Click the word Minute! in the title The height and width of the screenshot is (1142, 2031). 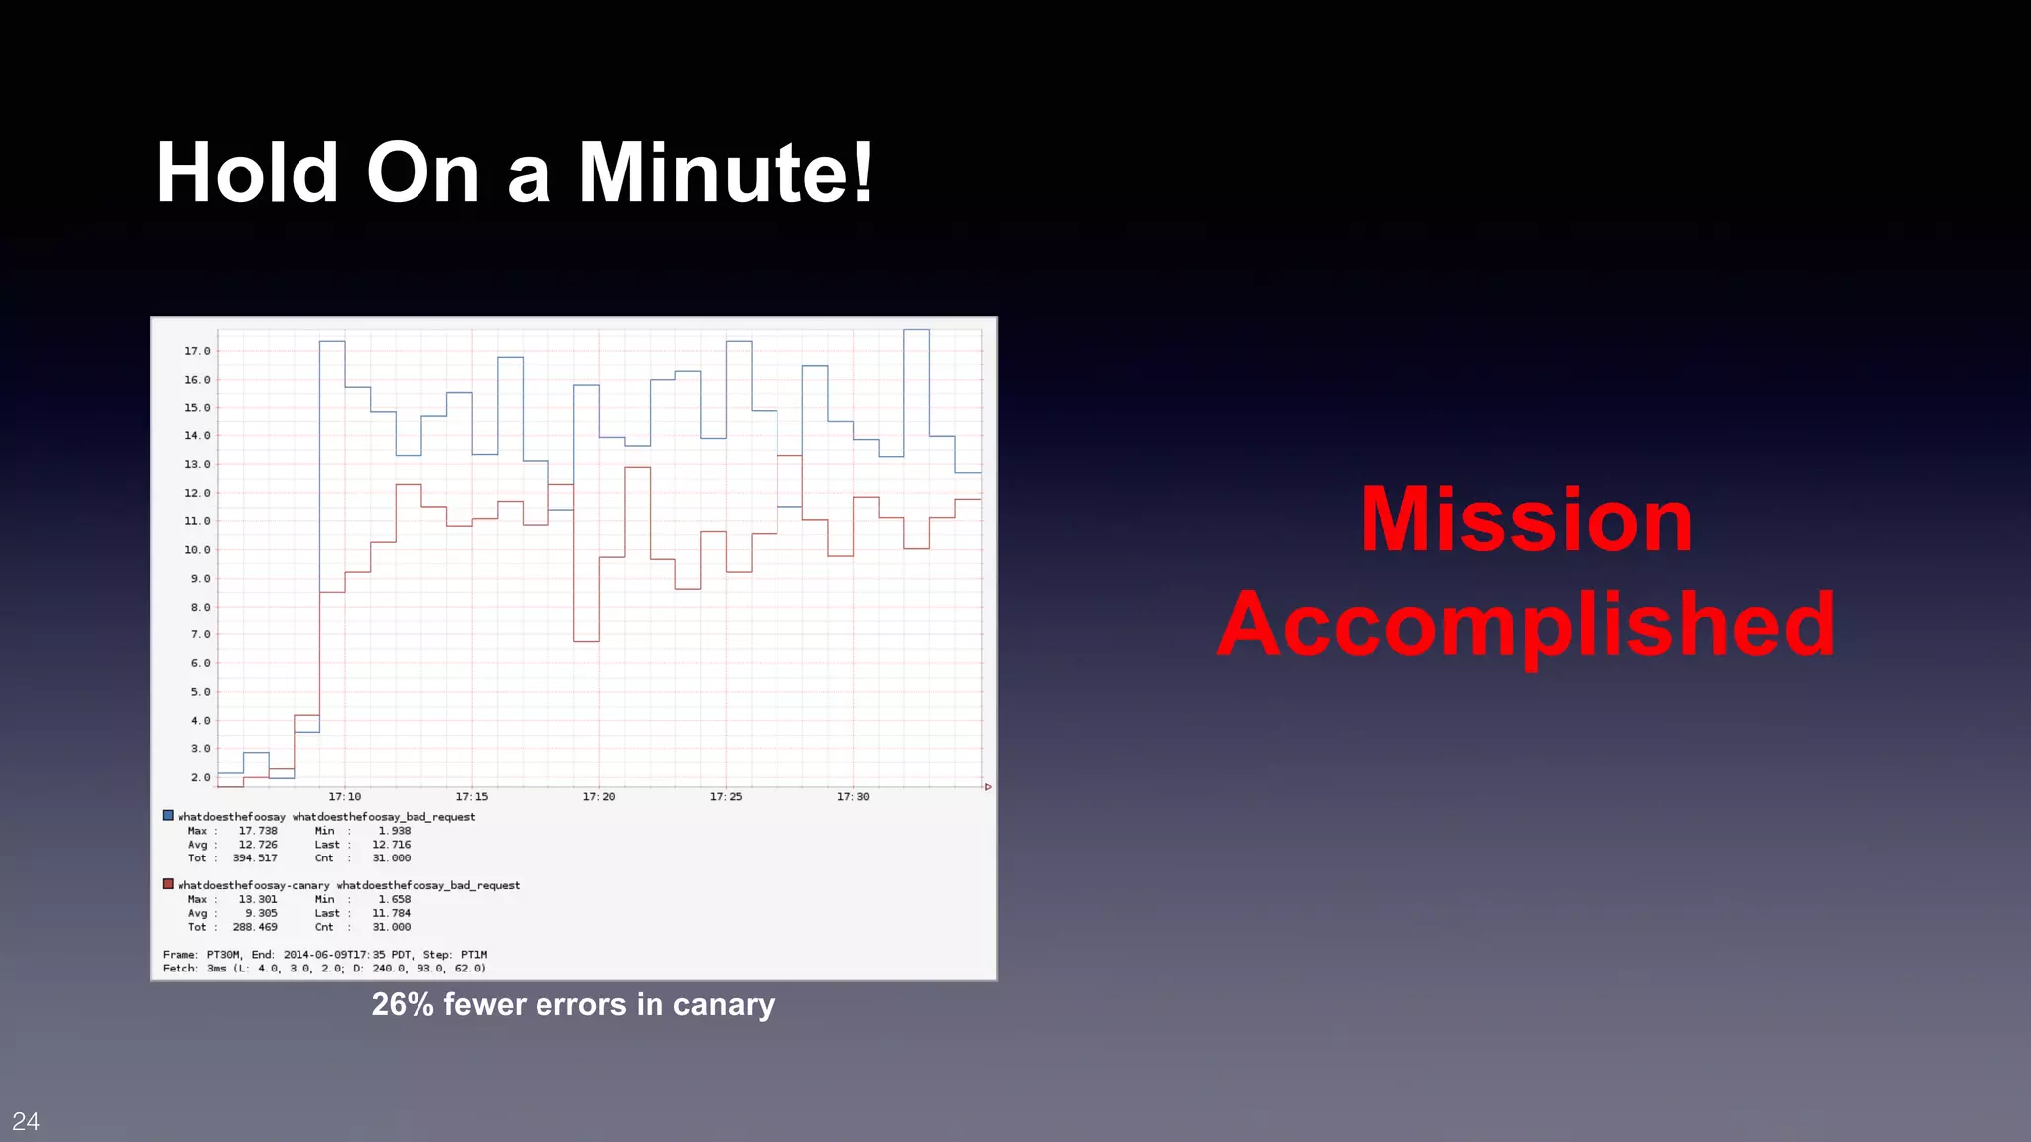click(725, 173)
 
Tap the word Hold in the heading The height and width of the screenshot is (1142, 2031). click(247, 173)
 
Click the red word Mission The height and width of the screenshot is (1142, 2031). click(1525, 519)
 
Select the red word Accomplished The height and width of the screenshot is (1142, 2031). click(1525, 625)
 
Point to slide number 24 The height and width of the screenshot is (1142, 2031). click(26, 1121)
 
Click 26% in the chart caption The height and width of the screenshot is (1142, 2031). click(403, 1004)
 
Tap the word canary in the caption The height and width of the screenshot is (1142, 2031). click(723, 1005)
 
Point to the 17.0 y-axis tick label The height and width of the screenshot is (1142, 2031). click(197, 351)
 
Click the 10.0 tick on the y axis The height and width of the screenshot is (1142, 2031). click(197, 550)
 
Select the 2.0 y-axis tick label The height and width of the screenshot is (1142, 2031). click(200, 778)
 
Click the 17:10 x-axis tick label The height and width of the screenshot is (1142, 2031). click(345, 797)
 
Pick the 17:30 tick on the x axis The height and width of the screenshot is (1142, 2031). click(853, 797)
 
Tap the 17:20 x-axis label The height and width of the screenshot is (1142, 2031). click(599, 797)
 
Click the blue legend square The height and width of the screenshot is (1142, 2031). click(168, 816)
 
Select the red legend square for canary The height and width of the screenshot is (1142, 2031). click(168, 884)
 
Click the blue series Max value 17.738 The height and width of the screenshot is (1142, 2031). click(258, 831)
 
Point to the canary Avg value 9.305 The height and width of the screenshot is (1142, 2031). click(261, 913)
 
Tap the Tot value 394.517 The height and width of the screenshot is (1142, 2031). click(255, 858)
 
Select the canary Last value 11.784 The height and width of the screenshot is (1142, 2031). click(391, 913)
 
